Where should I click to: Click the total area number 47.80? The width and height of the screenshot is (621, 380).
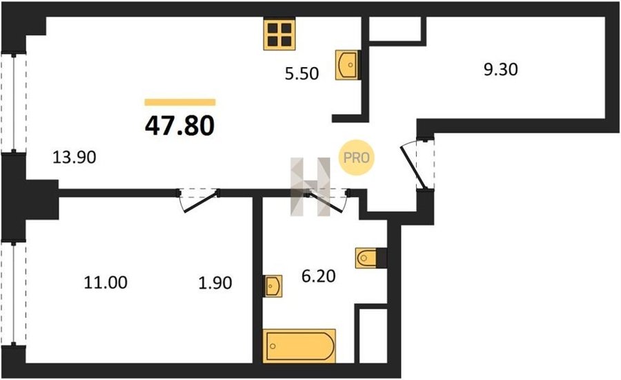click(x=180, y=126)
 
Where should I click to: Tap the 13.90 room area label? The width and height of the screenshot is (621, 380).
click(x=75, y=158)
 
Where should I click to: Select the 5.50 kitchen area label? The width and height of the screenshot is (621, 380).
click(x=302, y=74)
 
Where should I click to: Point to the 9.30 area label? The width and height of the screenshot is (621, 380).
click(x=501, y=69)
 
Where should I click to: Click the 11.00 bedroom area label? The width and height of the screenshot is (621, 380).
click(x=106, y=283)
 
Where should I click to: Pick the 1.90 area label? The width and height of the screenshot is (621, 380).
click(x=215, y=283)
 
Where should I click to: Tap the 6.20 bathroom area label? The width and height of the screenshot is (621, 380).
click(x=318, y=276)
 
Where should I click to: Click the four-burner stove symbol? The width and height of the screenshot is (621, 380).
click(x=279, y=34)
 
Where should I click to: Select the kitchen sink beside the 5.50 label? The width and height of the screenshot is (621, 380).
click(x=348, y=65)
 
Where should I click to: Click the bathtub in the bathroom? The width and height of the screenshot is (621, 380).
click(x=299, y=345)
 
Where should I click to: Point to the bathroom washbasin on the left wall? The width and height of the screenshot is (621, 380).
click(x=273, y=286)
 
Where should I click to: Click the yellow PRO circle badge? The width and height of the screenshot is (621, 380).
click(x=356, y=158)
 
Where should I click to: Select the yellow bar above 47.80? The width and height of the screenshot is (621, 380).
click(x=180, y=102)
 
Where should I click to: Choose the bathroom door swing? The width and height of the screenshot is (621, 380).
click(x=328, y=202)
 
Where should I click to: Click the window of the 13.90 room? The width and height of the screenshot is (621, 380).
click(x=14, y=103)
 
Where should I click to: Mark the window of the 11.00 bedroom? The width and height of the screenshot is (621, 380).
click(x=14, y=293)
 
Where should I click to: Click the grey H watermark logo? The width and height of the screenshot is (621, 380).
click(x=310, y=187)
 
